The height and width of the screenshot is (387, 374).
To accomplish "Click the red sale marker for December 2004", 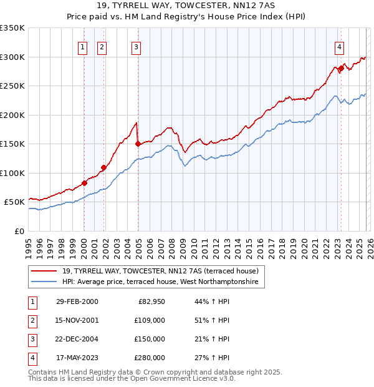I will (x=138, y=144).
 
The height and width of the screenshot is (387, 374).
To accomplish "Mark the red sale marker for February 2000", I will (x=84, y=183).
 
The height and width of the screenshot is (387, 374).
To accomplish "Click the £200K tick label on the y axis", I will (x=12, y=115).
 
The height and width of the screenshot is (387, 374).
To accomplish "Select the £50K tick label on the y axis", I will (x=14, y=202).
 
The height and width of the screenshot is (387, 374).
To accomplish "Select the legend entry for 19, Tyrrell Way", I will (x=164, y=271).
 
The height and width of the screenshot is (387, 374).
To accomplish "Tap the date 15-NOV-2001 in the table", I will (x=77, y=320).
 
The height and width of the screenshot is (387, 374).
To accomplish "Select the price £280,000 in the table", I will (x=150, y=358).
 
